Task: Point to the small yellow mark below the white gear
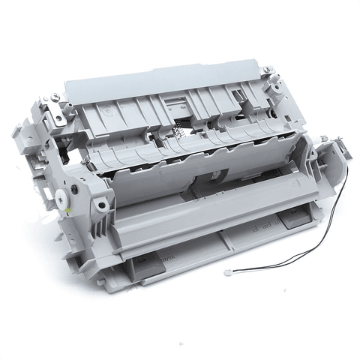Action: (x=68, y=212)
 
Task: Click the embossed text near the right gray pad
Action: (x=262, y=225)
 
